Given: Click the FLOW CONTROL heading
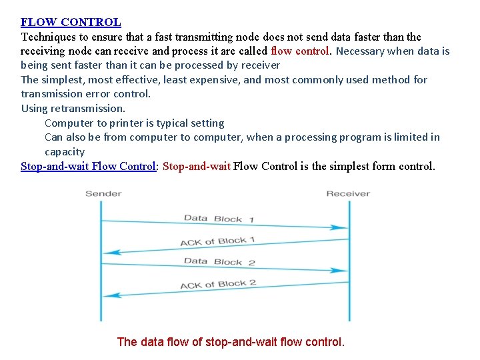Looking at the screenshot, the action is [71, 22].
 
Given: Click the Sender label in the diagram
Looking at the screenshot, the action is [103, 194].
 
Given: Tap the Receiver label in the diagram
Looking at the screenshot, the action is [348, 194].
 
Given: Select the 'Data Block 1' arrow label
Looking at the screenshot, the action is [219, 218].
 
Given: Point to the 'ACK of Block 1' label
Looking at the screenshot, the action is [217, 241].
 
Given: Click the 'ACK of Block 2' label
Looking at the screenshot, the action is [218, 284].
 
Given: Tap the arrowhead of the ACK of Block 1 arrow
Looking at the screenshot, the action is [111, 252].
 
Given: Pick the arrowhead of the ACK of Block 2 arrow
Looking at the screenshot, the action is [111, 294].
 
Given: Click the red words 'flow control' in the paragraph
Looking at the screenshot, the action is [300, 51].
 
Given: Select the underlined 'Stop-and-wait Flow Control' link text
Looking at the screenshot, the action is [88, 166].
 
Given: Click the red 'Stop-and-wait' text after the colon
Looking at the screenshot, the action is [197, 166].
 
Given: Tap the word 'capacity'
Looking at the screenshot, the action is [65, 152].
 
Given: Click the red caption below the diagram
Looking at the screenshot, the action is [231, 343].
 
